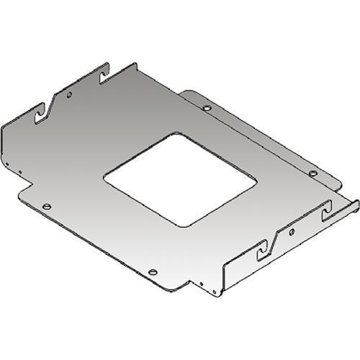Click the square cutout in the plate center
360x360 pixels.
click(179, 176)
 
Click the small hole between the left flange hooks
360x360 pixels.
click(69, 94)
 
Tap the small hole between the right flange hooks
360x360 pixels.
click(292, 230)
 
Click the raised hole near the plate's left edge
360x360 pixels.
click(47, 207)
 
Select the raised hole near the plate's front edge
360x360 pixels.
click(153, 271)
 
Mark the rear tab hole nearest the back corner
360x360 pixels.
click(207, 109)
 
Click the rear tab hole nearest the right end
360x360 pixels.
click(312, 174)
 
